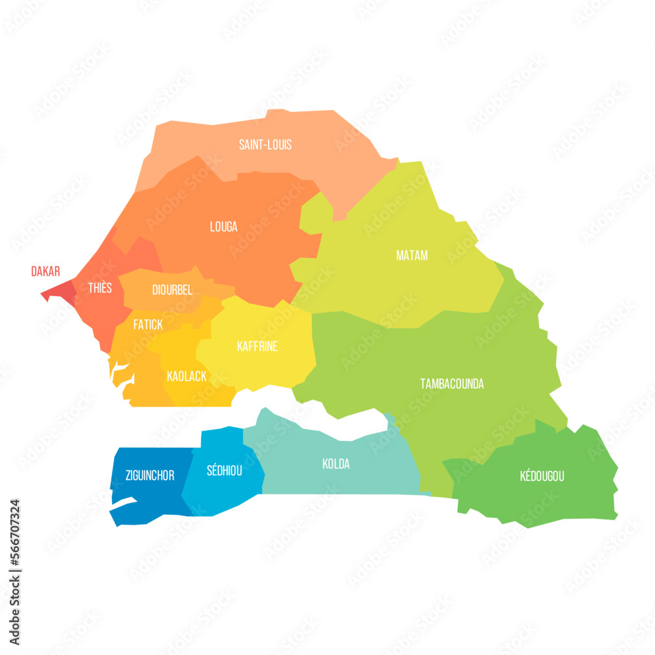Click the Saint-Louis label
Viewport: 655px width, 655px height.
265,145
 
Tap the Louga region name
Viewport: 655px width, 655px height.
223,227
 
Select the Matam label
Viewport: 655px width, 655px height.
412,255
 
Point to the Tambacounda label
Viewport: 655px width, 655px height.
452,384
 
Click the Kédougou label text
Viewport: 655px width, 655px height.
542,476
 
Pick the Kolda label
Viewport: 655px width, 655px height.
336,464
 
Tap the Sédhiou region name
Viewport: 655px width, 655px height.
224,470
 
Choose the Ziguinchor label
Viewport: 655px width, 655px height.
150,476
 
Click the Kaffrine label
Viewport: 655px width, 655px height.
257,346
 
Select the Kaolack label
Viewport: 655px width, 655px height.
187,376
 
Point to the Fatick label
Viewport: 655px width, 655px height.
148,324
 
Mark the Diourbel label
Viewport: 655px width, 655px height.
172,290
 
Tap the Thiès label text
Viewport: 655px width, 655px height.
100,288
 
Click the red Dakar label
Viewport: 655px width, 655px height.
46,271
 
